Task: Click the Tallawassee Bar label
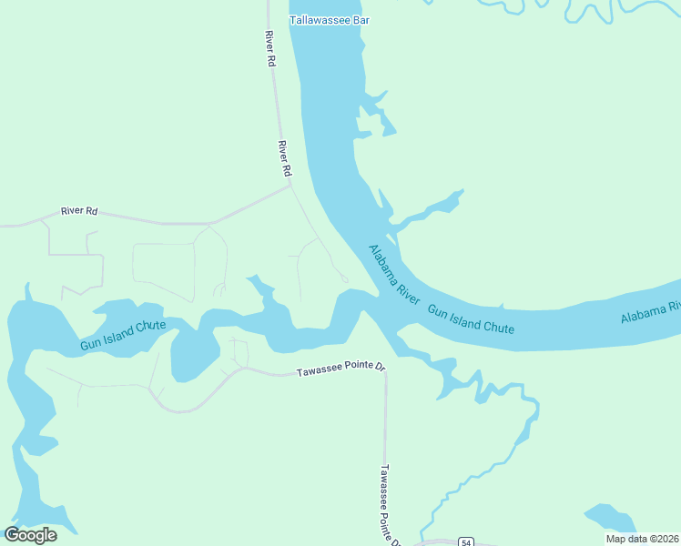click(x=330, y=20)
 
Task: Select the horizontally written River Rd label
click(x=78, y=211)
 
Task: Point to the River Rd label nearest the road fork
click(x=284, y=158)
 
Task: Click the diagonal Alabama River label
click(x=394, y=274)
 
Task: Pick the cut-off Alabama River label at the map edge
click(x=650, y=312)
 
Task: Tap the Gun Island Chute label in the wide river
click(x=471, y=319)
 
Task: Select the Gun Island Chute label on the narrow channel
click(x=122, y=335)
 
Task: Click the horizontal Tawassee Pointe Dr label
click(x=341, y=370)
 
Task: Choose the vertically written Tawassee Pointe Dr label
click(x=389, y=505)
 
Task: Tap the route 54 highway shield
click(x=465, y=541)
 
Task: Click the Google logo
click(x=30, y=535)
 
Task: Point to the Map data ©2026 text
click(x=642, y=539)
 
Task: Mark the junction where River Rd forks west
click(x=290, y=187)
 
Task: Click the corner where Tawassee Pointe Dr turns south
click(x=384, y=371)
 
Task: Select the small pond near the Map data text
click(x=610, y=518)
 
